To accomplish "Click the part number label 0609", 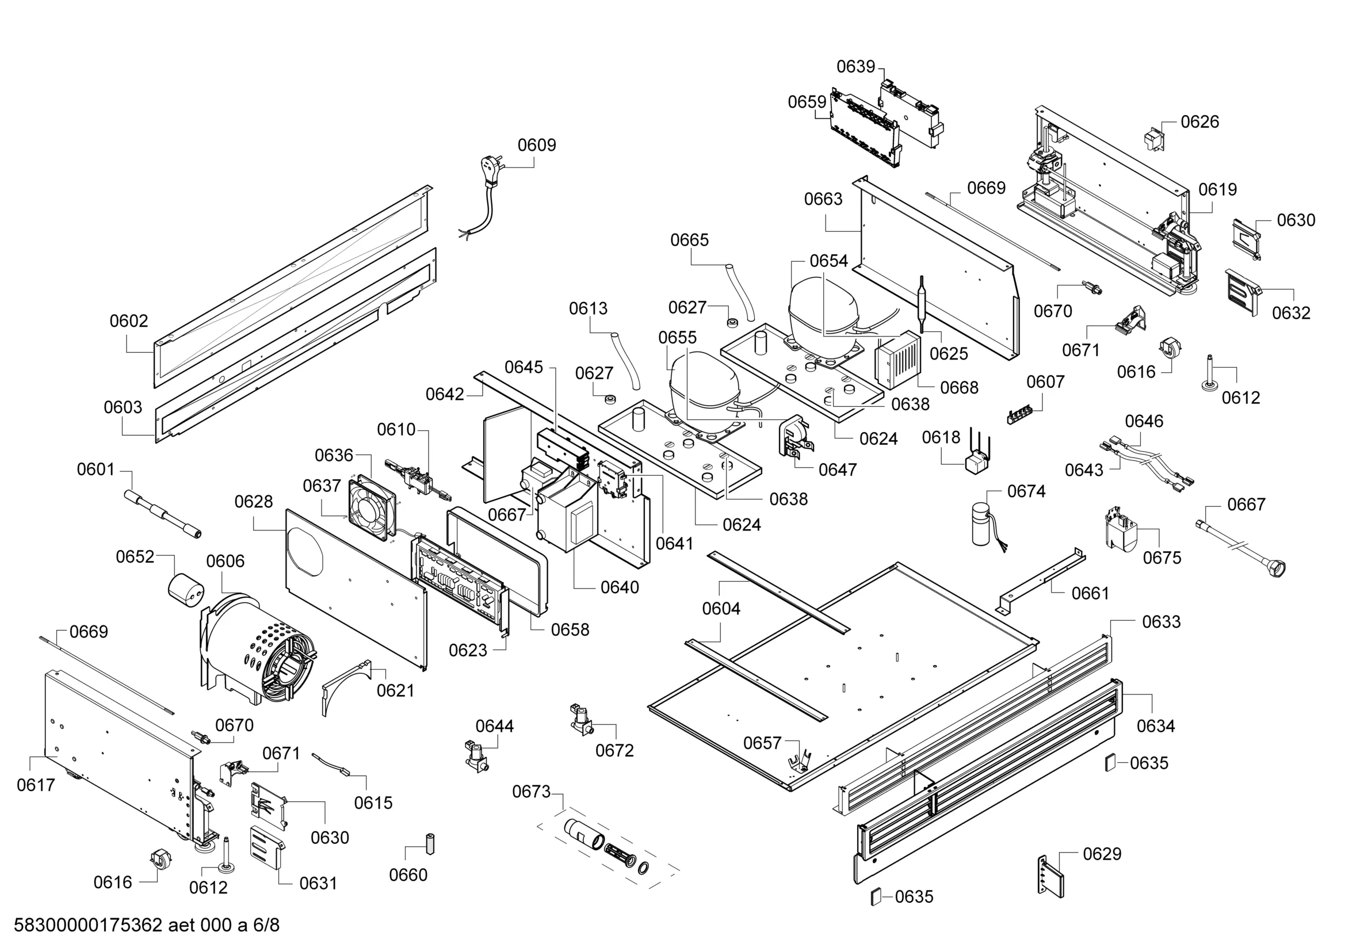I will pos(536,145).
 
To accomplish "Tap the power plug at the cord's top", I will pos(490,166).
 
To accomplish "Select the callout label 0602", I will pos(129,320).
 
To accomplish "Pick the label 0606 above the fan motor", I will pos(225,561).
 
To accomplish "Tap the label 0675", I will pos(1161,557).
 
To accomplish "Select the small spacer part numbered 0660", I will pos(430,844).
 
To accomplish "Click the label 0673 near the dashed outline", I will pos(532,792).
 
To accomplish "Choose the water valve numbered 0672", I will pos(582,720).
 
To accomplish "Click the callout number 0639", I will pos(855,67).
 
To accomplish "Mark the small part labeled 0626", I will pos(1153,140).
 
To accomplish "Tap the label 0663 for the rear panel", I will pos(823,199).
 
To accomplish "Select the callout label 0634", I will pos(1155,726).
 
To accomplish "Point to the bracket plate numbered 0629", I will pos(1051,876).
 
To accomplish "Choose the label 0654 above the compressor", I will pos(828,261).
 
